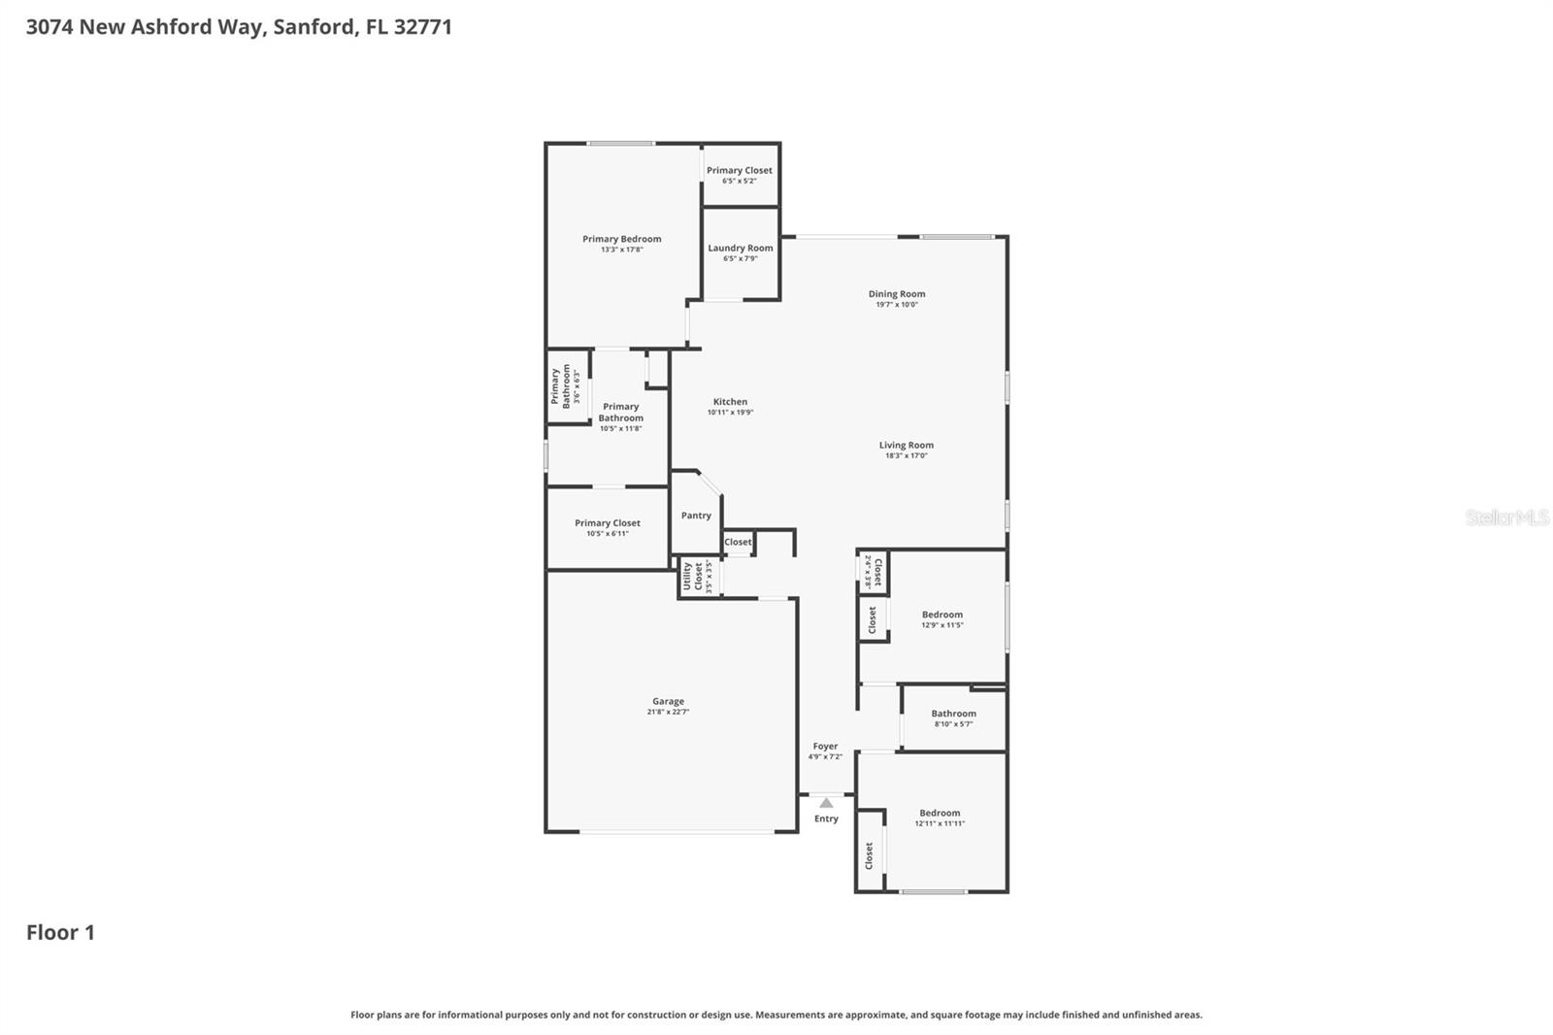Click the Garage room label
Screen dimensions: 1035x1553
[668, 701]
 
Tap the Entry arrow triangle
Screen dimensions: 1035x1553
[826, 803]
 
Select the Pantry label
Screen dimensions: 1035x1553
[696, 516]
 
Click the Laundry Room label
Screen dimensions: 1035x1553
[741, 248]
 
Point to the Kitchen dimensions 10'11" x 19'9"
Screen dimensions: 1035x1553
[730, 413]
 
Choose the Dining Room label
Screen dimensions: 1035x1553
[897, 293]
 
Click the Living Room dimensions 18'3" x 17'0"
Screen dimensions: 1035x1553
[906, 455]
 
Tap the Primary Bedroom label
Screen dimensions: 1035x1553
[621, 239]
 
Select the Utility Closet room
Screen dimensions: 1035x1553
[699, 576]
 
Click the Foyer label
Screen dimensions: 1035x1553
[825, 746]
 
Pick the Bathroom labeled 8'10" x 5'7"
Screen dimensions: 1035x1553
[953, 718]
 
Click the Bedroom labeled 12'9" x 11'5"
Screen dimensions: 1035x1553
[942, 618]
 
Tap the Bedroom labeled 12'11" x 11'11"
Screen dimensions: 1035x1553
[940, 818]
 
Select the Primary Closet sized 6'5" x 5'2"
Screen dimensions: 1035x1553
[740, 175]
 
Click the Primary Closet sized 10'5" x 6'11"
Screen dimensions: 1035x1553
[607, 527]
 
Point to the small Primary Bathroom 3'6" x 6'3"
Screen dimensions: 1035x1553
[568, 385]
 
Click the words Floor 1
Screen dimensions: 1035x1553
[60, 932]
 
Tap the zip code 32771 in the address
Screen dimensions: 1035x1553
[423, 26]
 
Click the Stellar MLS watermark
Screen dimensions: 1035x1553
[1506, 517]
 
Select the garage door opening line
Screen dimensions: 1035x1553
[677, 832]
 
